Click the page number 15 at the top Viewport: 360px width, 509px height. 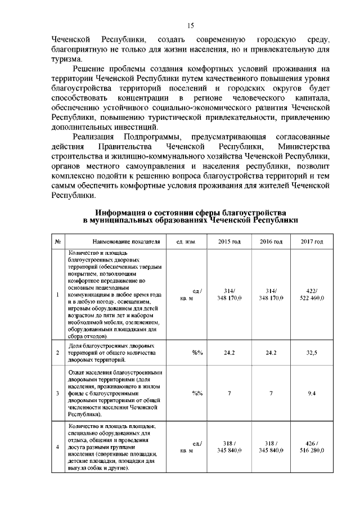190,25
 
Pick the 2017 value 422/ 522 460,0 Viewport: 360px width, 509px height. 312,294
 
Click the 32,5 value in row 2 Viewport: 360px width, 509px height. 312,353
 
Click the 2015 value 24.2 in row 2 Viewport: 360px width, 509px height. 229,353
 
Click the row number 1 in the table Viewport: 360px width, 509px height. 58,294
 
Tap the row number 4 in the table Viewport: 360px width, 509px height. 58,447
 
